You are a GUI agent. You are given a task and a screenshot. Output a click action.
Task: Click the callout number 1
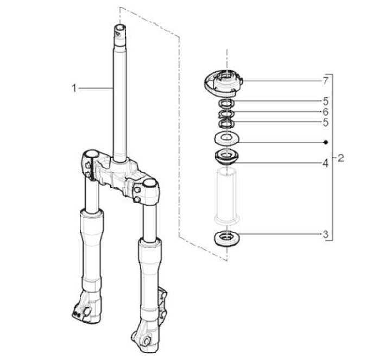[74, 88]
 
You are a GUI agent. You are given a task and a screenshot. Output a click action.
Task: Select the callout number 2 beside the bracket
[341, 158]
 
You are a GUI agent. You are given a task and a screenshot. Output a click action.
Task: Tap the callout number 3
[325, 235]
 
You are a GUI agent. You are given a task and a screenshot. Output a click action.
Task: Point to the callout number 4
[325, 163]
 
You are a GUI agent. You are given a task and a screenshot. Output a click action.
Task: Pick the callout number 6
[325, 112]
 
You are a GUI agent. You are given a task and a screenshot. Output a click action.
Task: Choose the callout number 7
[325, 81]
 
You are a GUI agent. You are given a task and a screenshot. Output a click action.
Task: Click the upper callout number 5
[325, 102]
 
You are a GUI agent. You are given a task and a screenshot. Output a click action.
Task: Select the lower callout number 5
[325, 122]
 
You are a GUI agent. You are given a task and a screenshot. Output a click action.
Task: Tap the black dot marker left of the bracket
[325, 142]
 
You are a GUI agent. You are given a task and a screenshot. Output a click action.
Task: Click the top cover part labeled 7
[223, 83]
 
